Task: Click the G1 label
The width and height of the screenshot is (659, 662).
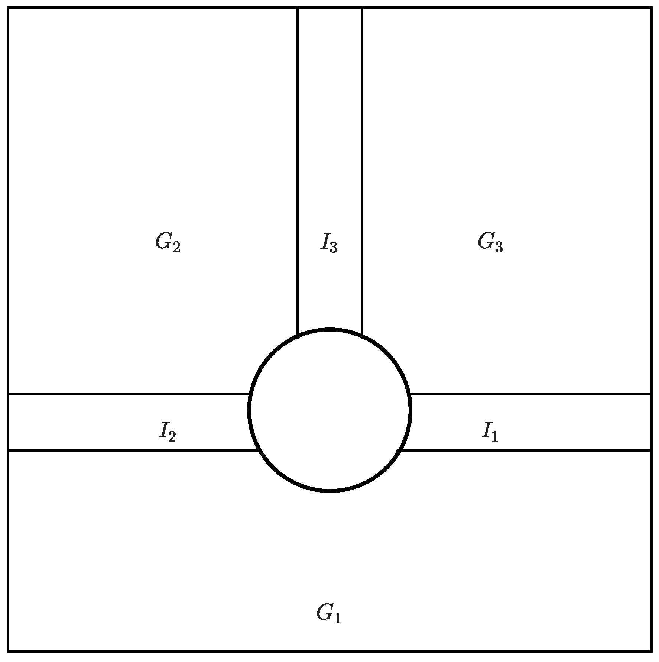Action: (x=328, y=613)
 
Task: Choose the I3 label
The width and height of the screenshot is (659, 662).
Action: (x=329, y=243)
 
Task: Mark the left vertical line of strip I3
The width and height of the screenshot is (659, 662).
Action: (x=298, y=167)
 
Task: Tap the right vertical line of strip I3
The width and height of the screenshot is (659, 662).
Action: (x=362, y=167)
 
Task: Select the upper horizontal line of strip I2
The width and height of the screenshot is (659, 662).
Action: (x=126, y=393)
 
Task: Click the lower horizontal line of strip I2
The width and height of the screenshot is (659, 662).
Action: (x=126, y=451)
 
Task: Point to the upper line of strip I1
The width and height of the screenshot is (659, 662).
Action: (x=531, y=394)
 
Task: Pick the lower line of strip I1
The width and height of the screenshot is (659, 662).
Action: (x=531, y=451)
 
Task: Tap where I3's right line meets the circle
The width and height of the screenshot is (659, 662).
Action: (x=362, y=336)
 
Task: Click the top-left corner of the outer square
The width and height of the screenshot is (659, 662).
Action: (x=8, y=8)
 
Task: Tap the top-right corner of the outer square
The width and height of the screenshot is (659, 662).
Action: (x=652, y=8)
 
